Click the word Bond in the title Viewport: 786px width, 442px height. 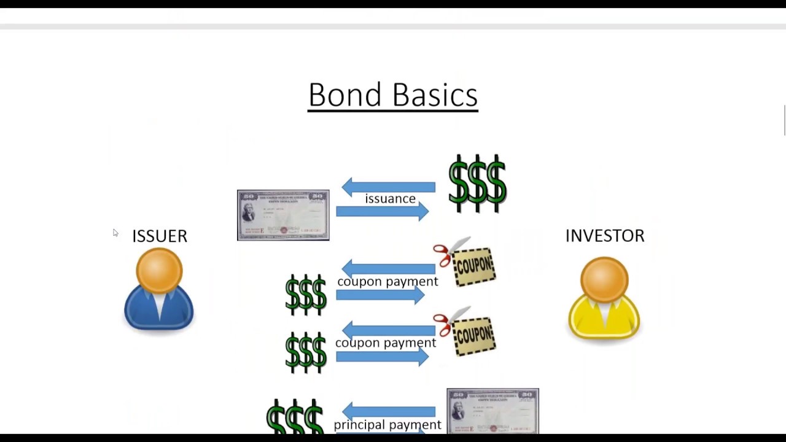tap(346, 95)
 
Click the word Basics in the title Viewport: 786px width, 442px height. tap(435, 95)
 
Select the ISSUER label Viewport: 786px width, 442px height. tap(160, 236)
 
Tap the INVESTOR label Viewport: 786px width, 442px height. tap(605, 236)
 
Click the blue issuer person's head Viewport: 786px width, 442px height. tap(159, 271)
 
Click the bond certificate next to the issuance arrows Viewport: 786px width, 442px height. tap(283, 215)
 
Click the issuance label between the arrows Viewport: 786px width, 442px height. tap(390, 199)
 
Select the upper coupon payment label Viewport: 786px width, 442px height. tap(387, 281)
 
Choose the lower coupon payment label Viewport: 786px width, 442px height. tap(386, 343)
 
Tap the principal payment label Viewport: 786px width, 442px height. tap(387, 425)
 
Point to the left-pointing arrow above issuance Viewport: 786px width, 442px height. tap(388, 187)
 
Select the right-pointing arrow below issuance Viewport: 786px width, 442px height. tap(382, 212)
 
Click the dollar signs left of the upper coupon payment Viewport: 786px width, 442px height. tap(306, 295)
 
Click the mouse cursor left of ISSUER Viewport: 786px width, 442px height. tap(115, 232)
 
